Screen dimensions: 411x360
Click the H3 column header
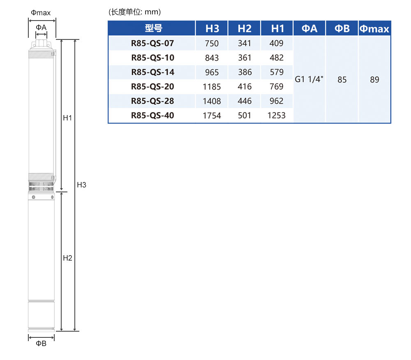point(212,28)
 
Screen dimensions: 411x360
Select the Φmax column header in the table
point(374,28)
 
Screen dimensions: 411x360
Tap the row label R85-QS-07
point(152,43)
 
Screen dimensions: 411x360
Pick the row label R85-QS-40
point(152,115)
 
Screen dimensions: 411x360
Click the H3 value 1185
point(212,87)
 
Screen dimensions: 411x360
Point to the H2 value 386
point(245,72)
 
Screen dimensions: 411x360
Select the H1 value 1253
point(276,115)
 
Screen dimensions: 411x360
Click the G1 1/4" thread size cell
point(309,79)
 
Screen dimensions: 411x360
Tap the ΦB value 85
point(342,79)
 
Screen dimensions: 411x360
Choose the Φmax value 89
point(374,79)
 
